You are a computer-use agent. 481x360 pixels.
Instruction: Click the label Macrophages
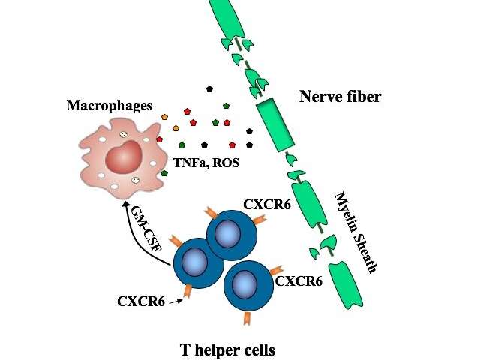pyautogui.click(x=110, y=105)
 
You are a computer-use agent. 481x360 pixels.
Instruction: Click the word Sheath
pyautogui.click(x=365, y=253)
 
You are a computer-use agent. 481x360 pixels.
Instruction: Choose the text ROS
pyautogui.click(x=226, y=163)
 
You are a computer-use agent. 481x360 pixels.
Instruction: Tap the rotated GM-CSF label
pyautogui.click(x=146, y=228)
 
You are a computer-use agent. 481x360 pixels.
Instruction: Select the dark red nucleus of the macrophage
pyautogui.click(x=124, y=157)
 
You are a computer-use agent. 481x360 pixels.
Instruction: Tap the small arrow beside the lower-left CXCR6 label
pyautogui.click(x=175, y=302)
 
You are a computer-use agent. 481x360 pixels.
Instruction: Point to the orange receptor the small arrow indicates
pyautogui.click(x=188, y=291)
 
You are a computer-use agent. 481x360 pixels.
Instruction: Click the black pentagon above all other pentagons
pyautogui.click(x=209, y=89)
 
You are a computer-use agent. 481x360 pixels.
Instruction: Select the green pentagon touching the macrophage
pyautogui.click(x=164, y=173)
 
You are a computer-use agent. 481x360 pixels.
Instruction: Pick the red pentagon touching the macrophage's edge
pyautogui.click(x=159, y=139)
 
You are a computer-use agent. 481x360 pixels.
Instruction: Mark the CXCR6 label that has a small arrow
pyautogui.click(x=141, y=301)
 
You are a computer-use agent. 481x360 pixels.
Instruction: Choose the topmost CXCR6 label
pyautogui.click(x=267, y=205)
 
